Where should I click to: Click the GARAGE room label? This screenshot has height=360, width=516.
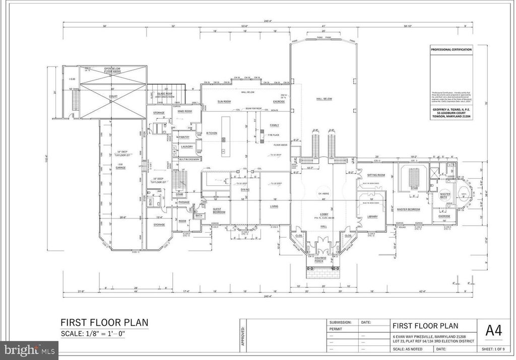click(x=120, y=168)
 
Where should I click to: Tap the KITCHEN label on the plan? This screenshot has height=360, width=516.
click(x=211, y=133)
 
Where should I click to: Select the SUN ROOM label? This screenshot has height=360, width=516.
click(x=224, y=101)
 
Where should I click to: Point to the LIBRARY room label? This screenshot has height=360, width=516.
click(x=372, y=217)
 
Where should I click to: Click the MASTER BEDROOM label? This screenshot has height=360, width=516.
click(x=408, y=209)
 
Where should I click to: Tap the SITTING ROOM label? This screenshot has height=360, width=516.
click(x=376, y=175)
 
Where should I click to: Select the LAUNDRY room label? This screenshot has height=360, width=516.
click(x=187, y=147)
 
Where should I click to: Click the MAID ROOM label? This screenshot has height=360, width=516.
click(x=185, y=111)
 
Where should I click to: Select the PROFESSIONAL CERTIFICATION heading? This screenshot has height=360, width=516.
click(x=451, y=50)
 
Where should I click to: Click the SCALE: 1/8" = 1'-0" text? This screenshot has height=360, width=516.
click(x=104, y=333)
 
